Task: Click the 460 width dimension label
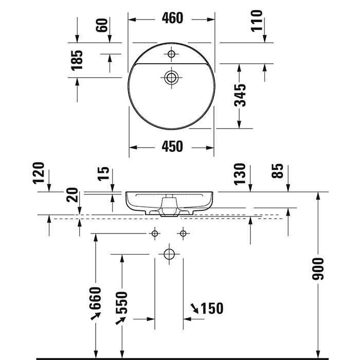click(x=172, y=19)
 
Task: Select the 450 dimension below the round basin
click(x=172, y=147)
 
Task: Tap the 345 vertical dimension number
click(x=240, y=95)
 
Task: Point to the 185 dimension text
click(x=77, y=61)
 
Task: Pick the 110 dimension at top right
click(x=257, y=21)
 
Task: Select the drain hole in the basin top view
click(x=171, y=78)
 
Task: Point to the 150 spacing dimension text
click(x=211, y=309)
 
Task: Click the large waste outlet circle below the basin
click(x=168, y=254)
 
